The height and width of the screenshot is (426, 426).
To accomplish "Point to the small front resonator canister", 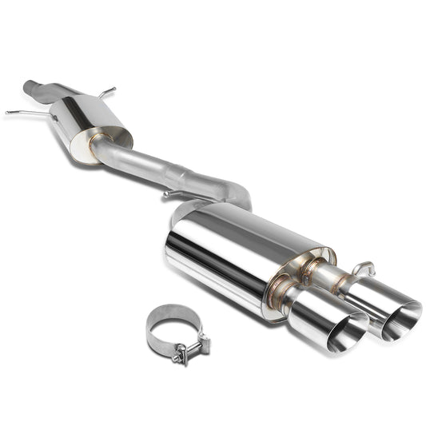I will (x=96, y=120).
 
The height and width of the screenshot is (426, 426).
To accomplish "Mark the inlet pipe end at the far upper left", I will (x=30, y=84).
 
